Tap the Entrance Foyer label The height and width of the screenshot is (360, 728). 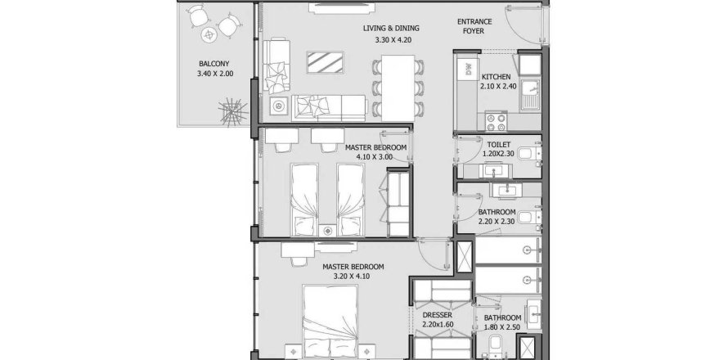(474, 26)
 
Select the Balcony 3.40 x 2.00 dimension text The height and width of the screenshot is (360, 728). (214, 74)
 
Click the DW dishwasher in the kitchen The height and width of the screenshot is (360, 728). (469, 70)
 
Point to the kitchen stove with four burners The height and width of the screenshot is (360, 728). (496, 122)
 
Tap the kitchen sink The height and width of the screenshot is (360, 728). (530, 94)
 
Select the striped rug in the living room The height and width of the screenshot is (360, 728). (325, 62)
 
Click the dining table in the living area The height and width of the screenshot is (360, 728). (398, 88)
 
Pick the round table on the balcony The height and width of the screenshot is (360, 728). (209, 34)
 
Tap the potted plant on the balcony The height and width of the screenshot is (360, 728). (234, 112)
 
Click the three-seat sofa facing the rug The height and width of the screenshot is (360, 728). (329, 108)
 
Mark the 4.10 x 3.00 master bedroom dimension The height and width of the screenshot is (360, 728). (374, 157)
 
